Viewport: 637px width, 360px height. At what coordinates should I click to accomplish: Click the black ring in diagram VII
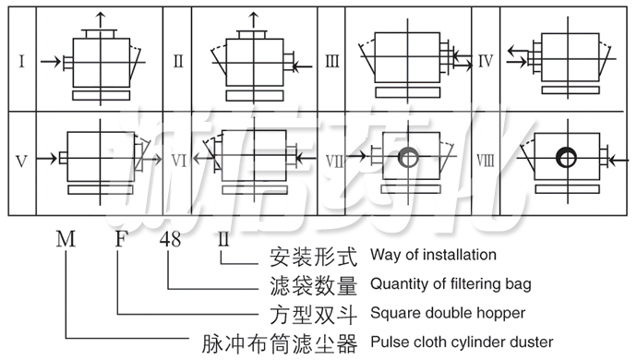point(408,159)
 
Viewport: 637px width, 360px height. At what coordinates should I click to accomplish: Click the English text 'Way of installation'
point(432,254)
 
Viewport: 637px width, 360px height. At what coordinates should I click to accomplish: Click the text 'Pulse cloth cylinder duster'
point(462,342)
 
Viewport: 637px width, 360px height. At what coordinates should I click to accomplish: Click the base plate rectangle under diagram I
point(98,95)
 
